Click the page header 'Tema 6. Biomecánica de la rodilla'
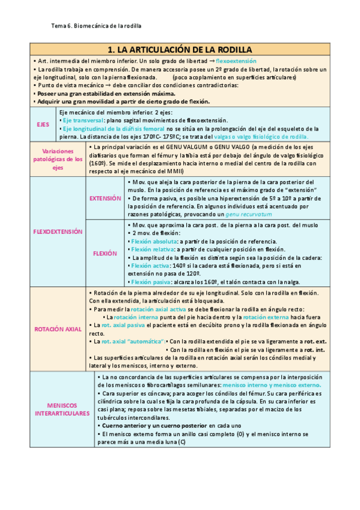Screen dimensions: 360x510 point(97,26)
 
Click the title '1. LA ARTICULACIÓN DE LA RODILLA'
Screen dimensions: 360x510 point(179,49)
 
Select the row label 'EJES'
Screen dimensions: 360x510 point(43,124)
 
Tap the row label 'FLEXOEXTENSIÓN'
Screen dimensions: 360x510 point(58,232)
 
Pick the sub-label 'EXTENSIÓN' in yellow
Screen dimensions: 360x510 point(105,198)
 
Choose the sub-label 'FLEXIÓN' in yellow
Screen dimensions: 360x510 point(105,253)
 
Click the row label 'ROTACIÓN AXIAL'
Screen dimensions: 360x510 point(58,329)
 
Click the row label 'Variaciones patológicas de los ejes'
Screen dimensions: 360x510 point(58,159)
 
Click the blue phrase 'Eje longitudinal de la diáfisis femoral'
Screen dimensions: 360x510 point(114,128)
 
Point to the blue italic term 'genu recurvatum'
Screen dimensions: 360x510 point(247,214)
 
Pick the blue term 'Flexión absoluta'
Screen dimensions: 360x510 point(151,241)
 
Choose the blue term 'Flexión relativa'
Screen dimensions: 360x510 point(151,249)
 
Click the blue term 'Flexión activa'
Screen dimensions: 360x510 point(148,265)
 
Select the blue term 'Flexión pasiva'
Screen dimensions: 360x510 point(150,281)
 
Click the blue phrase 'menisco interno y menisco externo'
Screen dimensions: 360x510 point(271,384)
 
